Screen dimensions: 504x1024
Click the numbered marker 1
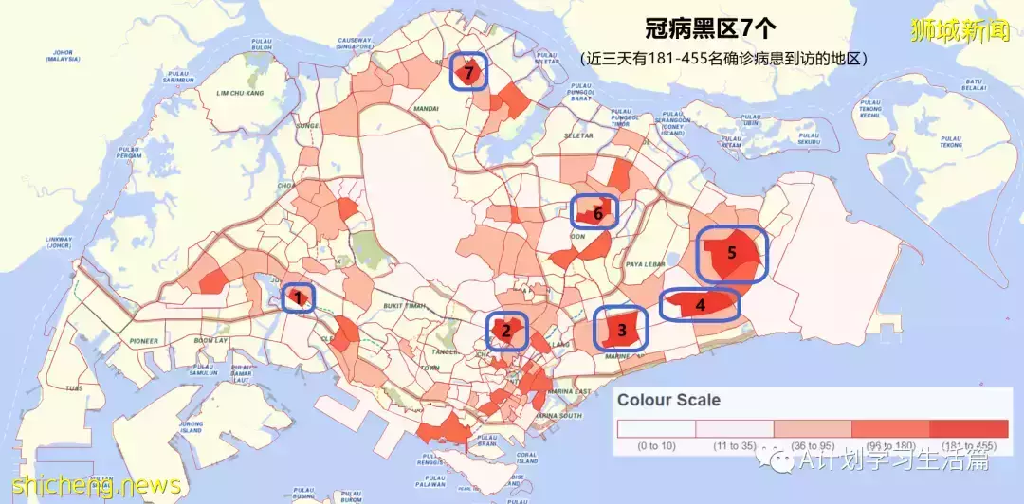point(299,299)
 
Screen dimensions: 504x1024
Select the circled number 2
point(506,331)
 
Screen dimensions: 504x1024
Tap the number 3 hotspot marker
point(622,330)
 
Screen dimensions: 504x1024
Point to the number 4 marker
point(700,305)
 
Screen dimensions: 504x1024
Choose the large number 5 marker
point(731,253)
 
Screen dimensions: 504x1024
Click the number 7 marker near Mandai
point(467,72)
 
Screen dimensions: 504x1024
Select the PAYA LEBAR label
point(648,265)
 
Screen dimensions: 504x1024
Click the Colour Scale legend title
point(668,400)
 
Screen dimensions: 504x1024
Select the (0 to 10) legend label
point(655,445)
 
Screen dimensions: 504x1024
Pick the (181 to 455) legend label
point(968,445)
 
